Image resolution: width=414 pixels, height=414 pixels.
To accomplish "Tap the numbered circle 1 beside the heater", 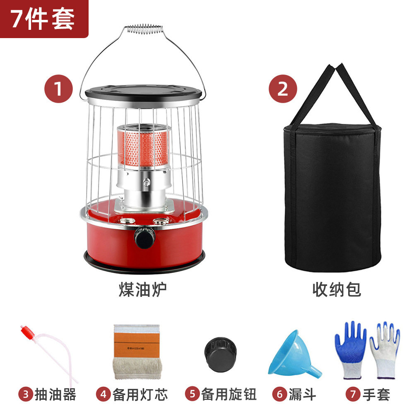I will click(x=58, y=89).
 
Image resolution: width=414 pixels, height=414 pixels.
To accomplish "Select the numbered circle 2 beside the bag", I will click(x=283, y=89).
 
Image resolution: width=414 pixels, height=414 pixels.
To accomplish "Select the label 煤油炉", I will click(x=142, y=289).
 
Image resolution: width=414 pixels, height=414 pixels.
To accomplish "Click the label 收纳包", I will click(x=336, y=289).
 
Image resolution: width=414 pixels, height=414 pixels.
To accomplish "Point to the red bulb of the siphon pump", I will click(x=28, y=333).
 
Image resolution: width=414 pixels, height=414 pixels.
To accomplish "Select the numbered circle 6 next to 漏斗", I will click(x=280, y=394).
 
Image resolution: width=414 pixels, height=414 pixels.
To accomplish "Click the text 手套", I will click(x=377, y=394).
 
